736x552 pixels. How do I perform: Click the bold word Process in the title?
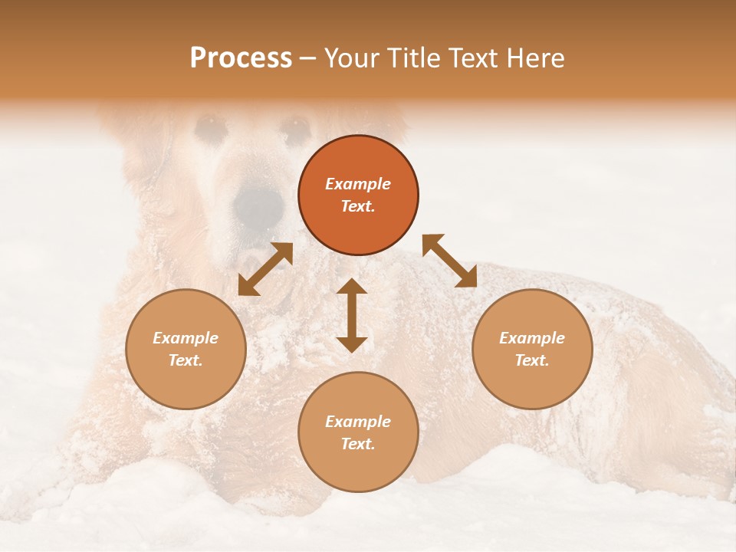click(241, 58)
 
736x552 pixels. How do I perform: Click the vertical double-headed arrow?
click(352, 315)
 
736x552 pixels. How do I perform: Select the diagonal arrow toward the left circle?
click(265, 269)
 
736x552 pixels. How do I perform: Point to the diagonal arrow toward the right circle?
click(449, 261)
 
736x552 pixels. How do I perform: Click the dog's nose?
click(258, 204)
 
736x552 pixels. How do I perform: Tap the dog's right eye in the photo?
click(295, 128)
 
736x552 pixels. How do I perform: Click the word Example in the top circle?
click(358, 184)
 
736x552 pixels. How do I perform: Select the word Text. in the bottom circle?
click(358, 444)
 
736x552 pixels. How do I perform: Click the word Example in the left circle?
click(186, 338)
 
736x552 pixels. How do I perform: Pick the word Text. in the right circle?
click(532, 360)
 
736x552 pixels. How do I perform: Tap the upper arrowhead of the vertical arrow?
click(352, 286)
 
